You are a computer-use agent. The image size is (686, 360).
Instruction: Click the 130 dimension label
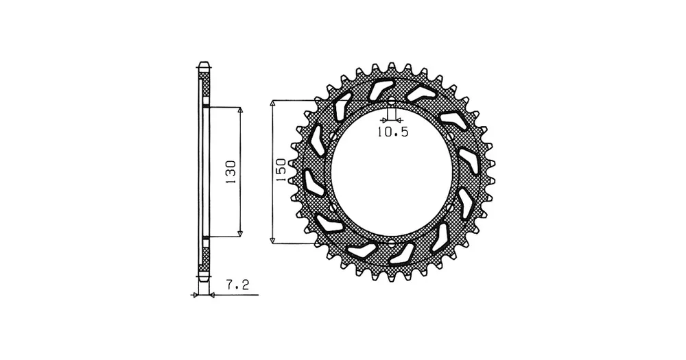click(x=230, y=172)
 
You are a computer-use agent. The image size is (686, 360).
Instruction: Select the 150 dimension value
click(x=280, y=170)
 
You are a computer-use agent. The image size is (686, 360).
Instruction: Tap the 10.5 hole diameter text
click(x=392, y=132)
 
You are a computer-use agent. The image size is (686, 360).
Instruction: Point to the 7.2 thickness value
click(x=237, y=285)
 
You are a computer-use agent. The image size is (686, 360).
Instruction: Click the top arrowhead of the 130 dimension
click(x=239, y=110)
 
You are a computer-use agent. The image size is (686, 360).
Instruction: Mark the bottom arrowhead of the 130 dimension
click(x=239, y=234)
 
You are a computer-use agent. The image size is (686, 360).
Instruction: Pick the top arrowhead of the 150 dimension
click(x=272, y=104)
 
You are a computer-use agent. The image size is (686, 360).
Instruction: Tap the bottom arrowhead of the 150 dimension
click(x=272, y=239)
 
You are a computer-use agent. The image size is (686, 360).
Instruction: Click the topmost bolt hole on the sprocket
click(x=392, y=103)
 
